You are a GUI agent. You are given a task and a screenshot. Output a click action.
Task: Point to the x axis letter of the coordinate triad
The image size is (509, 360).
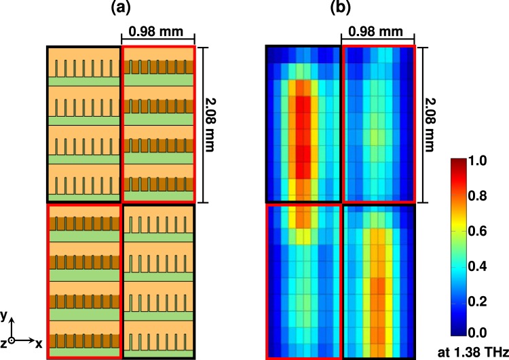[x=40, y=344]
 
